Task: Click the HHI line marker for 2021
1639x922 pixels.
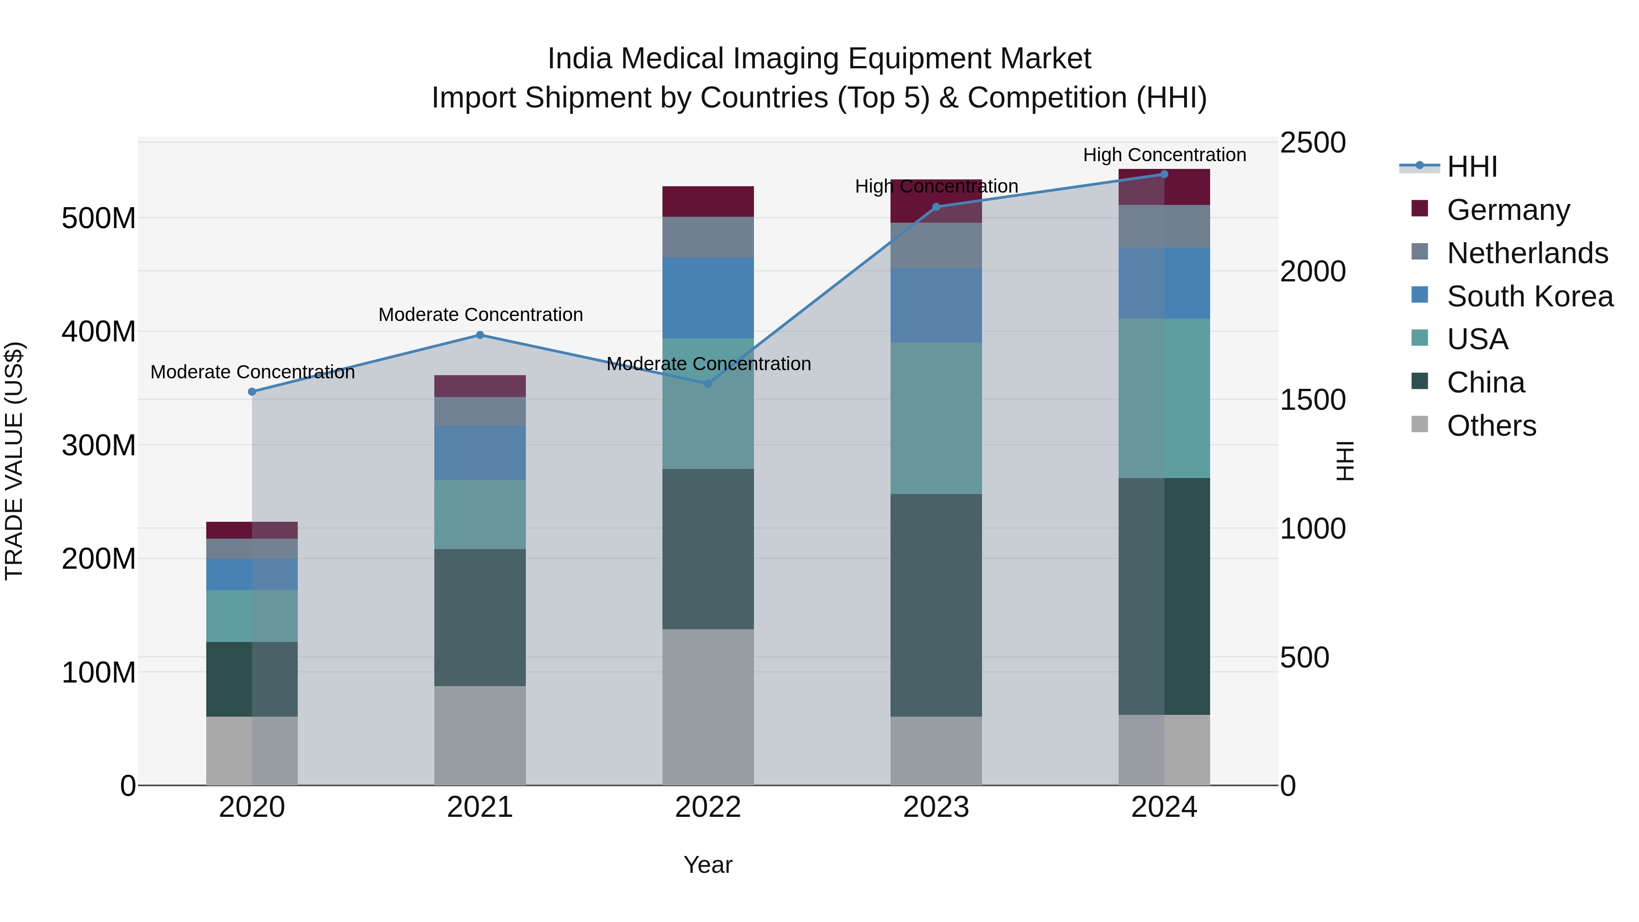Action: (x=480, y=335)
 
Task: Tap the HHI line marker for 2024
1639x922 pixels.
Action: (x=1164, y=174)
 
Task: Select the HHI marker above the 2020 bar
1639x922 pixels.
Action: (x=252, y=392)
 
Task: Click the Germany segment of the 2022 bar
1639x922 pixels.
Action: (x=708, y=202)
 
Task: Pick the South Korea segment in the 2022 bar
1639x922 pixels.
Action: (x=708, y=298)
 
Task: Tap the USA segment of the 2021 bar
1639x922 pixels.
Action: (x=480, y=514)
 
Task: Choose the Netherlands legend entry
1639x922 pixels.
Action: (x=1527, y=253)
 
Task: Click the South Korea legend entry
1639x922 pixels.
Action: (x=1530, y=296)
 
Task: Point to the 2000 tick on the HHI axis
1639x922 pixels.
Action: (x=1312, y=272)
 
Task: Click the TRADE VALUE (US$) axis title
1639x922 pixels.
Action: (x=14, y=461)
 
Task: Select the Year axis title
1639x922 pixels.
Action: (x=708, y=866)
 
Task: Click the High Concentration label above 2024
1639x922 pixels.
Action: (x=1164, y=155)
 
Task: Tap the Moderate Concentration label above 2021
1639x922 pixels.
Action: (x=480, y=315)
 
